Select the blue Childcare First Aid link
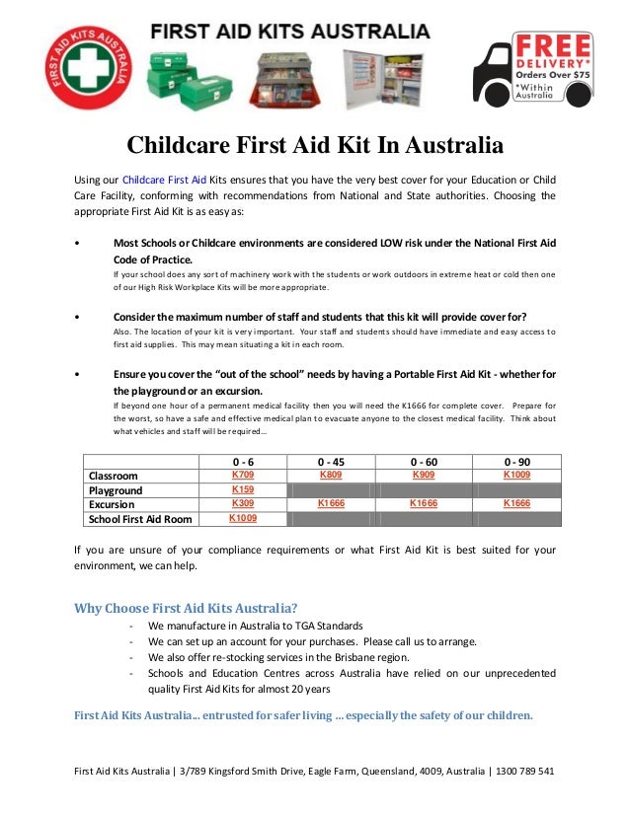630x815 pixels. (x=164, y=180)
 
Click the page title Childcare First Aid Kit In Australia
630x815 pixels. (x=315, y=146)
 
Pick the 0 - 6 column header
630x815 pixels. (x=243, y=461)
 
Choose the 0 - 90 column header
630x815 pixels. (x=516, y=461)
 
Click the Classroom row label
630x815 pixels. (x=114, y=476)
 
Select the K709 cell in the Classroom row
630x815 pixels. (x=243, y=475)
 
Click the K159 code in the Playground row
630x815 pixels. (x=243, y=489)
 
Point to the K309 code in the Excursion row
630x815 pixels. (x=243, y=503)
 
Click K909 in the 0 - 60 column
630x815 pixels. (x=424, y=475)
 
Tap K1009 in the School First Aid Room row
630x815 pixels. (x=243, y=517)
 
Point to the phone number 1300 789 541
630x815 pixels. (x=525, y=771)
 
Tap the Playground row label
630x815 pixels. (x=116, y=490)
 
